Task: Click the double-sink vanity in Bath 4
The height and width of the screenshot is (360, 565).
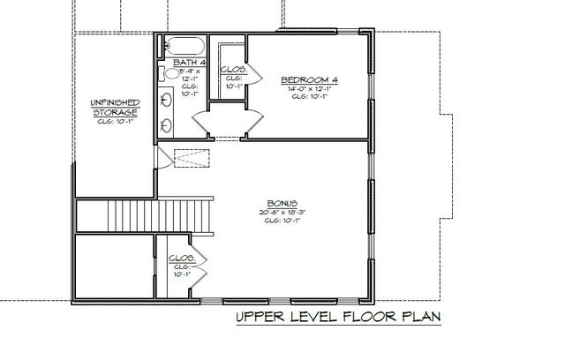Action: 169,113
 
